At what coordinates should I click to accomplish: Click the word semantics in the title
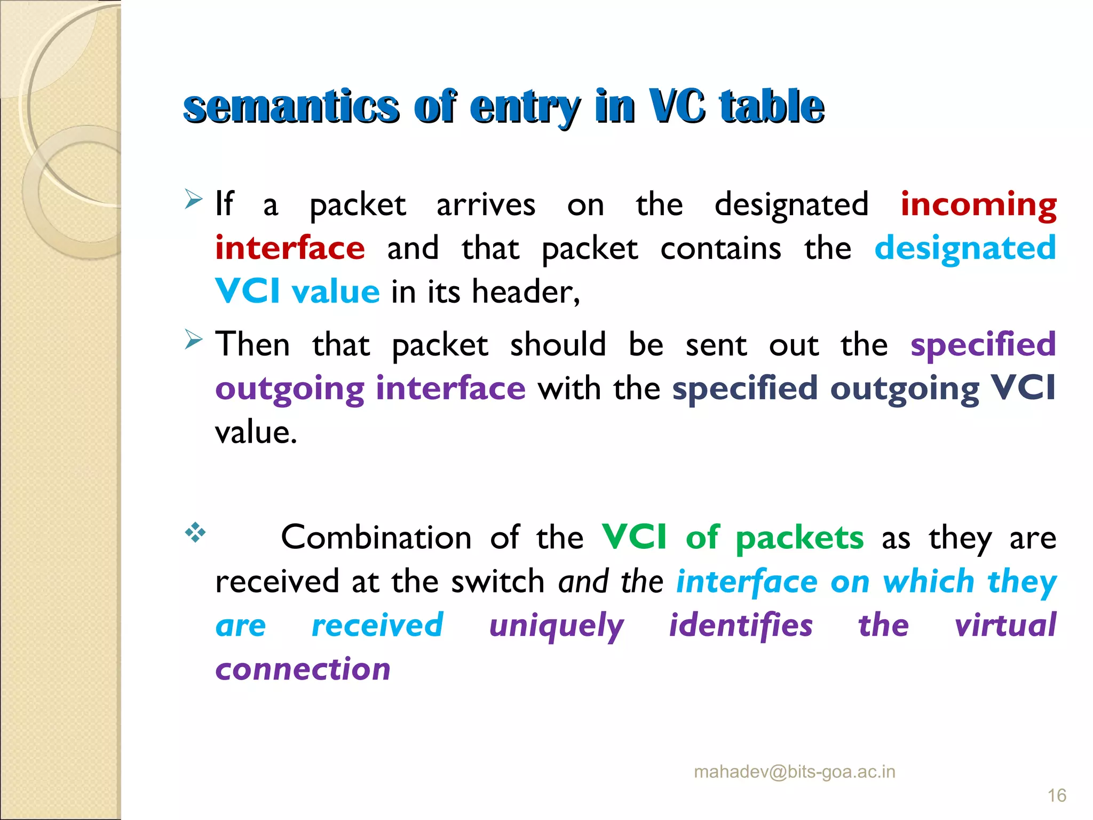coord(291,107)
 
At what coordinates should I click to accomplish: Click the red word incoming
coord(978,205)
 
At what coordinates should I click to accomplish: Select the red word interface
coord(290,248)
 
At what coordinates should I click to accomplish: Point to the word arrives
coord(486,205)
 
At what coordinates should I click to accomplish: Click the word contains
coord(720,249)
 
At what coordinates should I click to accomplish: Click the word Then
coord(252,344)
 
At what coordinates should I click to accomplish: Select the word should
coord(558,344)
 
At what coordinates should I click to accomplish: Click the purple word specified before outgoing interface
coord(983,344)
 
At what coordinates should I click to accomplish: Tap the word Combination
coord(376,538)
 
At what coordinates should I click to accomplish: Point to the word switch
coord(498,581)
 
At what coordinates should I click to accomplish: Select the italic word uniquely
coord(557,626)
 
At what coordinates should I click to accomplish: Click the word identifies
coord(741,625)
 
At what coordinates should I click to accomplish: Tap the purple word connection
coord(303,669)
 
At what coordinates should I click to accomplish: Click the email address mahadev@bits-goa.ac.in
coord(794,772)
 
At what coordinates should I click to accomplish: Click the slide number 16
coord(1057,796)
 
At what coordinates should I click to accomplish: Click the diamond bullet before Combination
coord(195,533)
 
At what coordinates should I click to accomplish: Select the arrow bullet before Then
coord(193,340)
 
